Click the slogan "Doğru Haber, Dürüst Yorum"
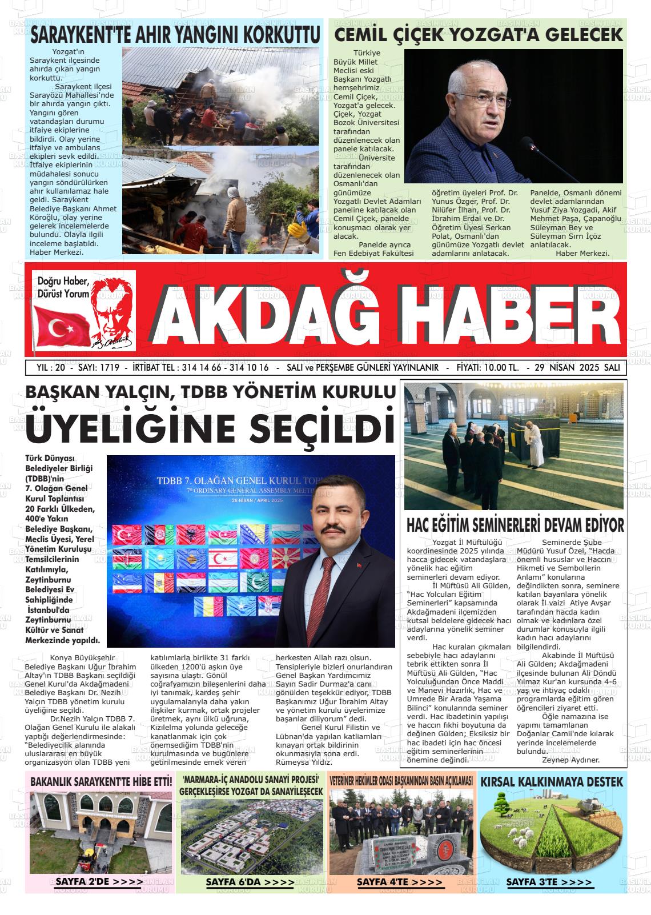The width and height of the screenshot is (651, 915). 63,287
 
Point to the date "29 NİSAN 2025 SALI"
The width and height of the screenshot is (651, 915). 576,367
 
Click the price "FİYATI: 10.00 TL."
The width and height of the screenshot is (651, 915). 488,367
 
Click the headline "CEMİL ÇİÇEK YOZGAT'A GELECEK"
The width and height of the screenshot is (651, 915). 478,35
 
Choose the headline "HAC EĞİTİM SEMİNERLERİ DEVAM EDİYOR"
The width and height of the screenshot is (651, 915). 515,525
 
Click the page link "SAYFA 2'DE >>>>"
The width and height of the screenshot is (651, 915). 99,882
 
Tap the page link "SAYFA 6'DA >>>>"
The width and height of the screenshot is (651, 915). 250,882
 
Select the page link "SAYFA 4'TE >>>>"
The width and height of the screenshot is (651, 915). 400,882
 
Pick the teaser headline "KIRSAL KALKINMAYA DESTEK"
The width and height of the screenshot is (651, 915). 552,781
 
